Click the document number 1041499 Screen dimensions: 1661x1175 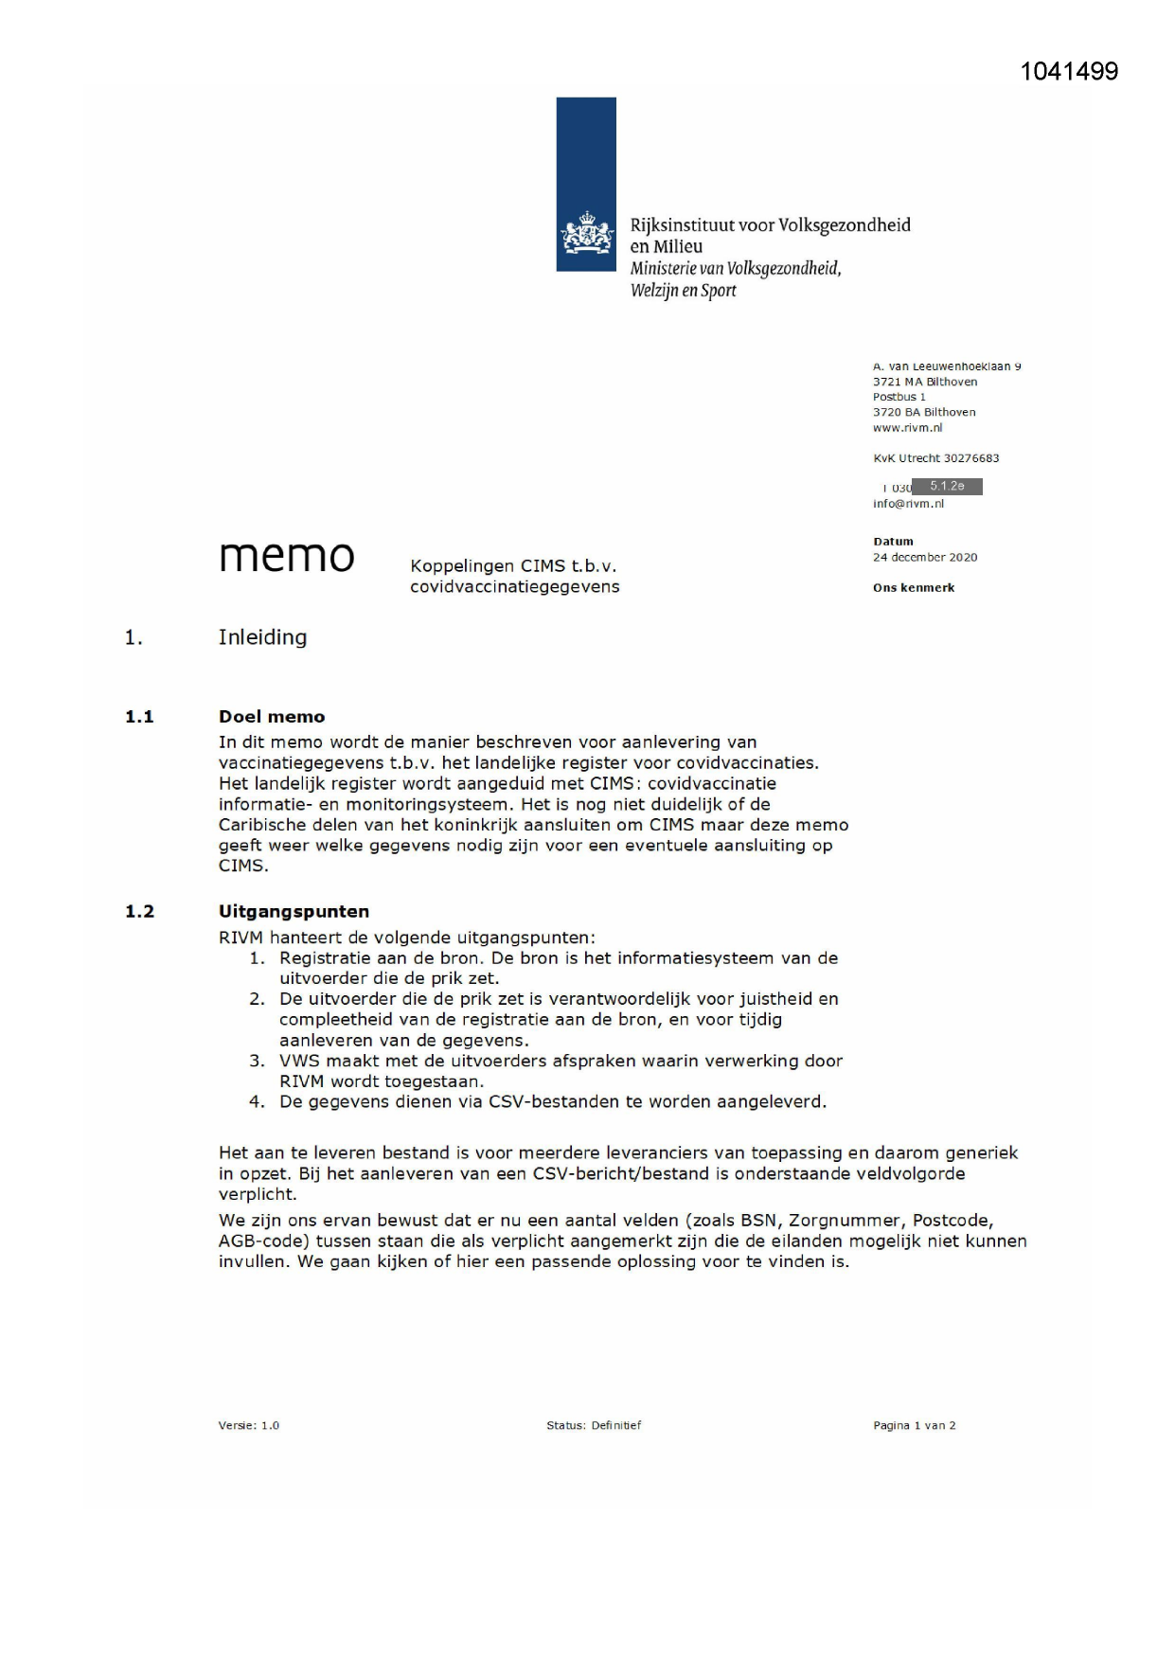click(1069, 72)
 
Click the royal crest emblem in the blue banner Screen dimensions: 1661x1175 click(586, 234)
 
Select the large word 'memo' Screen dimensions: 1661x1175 click(287, 556)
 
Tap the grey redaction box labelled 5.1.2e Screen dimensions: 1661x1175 click(947, 487)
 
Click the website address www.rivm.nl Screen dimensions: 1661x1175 click(907, 428)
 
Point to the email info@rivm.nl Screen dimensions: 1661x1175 click(908, 504)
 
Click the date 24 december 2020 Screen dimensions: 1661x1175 click(925, 558)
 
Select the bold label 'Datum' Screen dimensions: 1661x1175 click(893, 542)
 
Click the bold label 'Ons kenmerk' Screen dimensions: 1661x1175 click(914, 588)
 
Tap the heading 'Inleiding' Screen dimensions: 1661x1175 click(262, 637)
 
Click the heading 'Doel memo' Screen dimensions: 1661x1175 click(272, 717)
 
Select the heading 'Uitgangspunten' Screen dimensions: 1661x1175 click(294, 912)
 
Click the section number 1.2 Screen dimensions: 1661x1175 click(139, 912)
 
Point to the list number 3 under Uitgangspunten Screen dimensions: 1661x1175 click(257, 1062)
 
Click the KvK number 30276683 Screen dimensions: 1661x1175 click(968, 458)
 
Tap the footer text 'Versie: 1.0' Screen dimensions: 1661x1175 click(249, 1425)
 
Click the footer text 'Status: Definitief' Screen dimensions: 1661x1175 click(594, 1425)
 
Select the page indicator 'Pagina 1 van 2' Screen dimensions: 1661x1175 click(914, 1425)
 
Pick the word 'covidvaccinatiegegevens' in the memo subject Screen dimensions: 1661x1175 click(514, 587)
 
